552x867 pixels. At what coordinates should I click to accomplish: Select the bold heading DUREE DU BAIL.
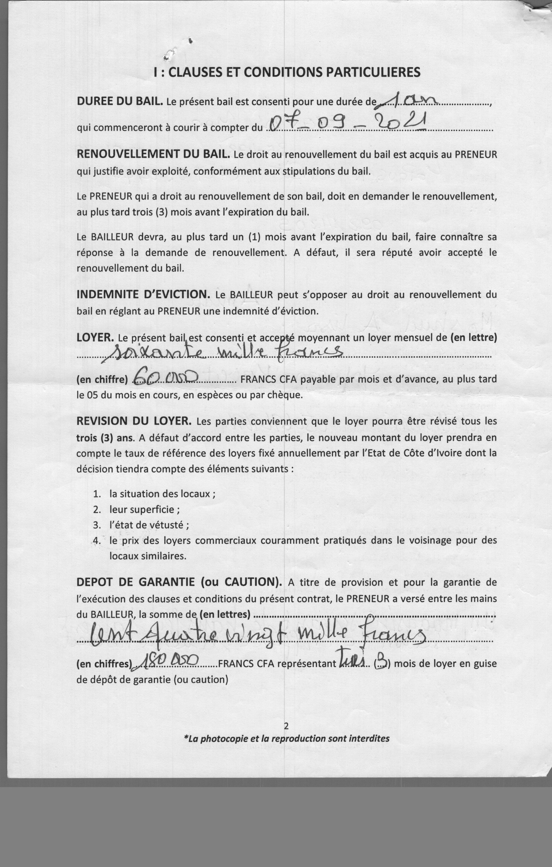[x=120, y=101]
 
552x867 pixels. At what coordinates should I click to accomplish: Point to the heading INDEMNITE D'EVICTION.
[x=143, y=295]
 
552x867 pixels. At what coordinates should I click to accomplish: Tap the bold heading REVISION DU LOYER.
[x=134, y=421]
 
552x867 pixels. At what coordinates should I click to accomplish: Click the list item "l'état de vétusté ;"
[x=149, y=525]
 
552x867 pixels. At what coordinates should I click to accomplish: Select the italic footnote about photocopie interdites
[x=286, y=738]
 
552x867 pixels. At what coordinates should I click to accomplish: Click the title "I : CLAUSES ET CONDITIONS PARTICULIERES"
[x=287, y=72]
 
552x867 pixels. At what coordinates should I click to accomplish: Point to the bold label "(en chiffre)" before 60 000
[x=102, y=380]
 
